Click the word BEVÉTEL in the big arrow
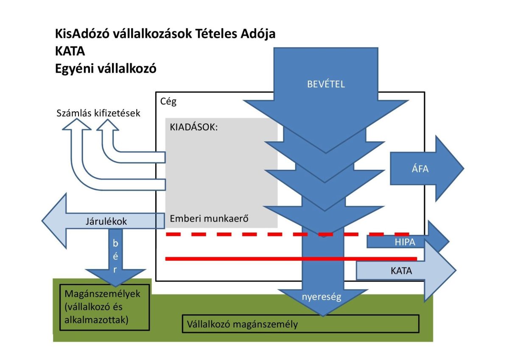326,84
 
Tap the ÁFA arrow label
420,169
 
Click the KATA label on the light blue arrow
401,271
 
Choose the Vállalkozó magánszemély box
300,324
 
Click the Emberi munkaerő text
209,219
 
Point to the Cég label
169,102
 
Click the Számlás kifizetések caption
98,113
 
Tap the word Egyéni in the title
76,69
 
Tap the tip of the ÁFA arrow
463,169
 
